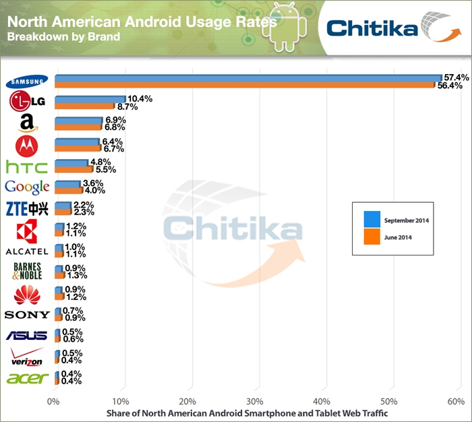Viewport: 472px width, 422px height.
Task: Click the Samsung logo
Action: (26, 82)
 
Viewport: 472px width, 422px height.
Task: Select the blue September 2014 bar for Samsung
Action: (247, 78)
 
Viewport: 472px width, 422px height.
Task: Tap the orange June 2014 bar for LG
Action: (84, 107)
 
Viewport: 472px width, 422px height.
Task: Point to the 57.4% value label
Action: (455, 78)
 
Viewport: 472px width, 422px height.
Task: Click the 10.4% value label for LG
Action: (140, 98)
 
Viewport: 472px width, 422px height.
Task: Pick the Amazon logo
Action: (26, 123)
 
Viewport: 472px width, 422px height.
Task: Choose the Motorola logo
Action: (27, 145)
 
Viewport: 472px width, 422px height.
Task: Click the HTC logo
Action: (26, 166)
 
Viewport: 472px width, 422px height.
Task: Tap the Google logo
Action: (26, 187)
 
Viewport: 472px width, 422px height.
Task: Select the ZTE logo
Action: (26, 208)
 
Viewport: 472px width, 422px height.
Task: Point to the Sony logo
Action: (26, 314)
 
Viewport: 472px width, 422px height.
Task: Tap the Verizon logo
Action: (26, 357)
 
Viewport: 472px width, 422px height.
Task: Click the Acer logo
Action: (26, 378)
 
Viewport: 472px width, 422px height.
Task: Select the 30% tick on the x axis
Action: (257, 402)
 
